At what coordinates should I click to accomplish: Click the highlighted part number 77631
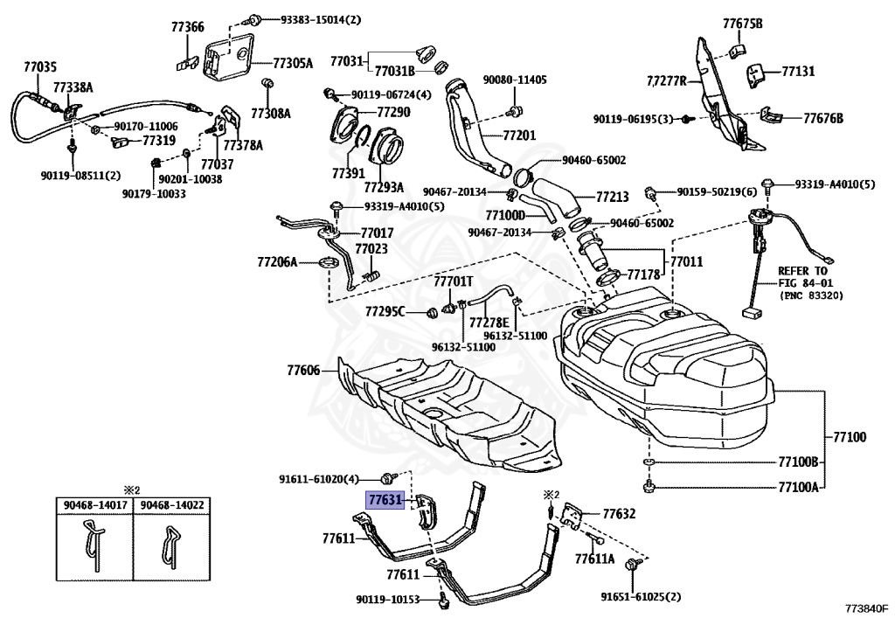tap(384, 501)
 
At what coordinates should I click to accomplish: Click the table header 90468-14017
tap(94, 504)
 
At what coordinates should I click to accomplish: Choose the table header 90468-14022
tap(170, 504)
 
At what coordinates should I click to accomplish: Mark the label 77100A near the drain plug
tap(797, 488)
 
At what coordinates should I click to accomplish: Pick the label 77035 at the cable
tap(40, 66)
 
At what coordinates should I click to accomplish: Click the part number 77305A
tap(292, 63)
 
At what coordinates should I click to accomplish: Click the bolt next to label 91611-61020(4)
tap(387, 477)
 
